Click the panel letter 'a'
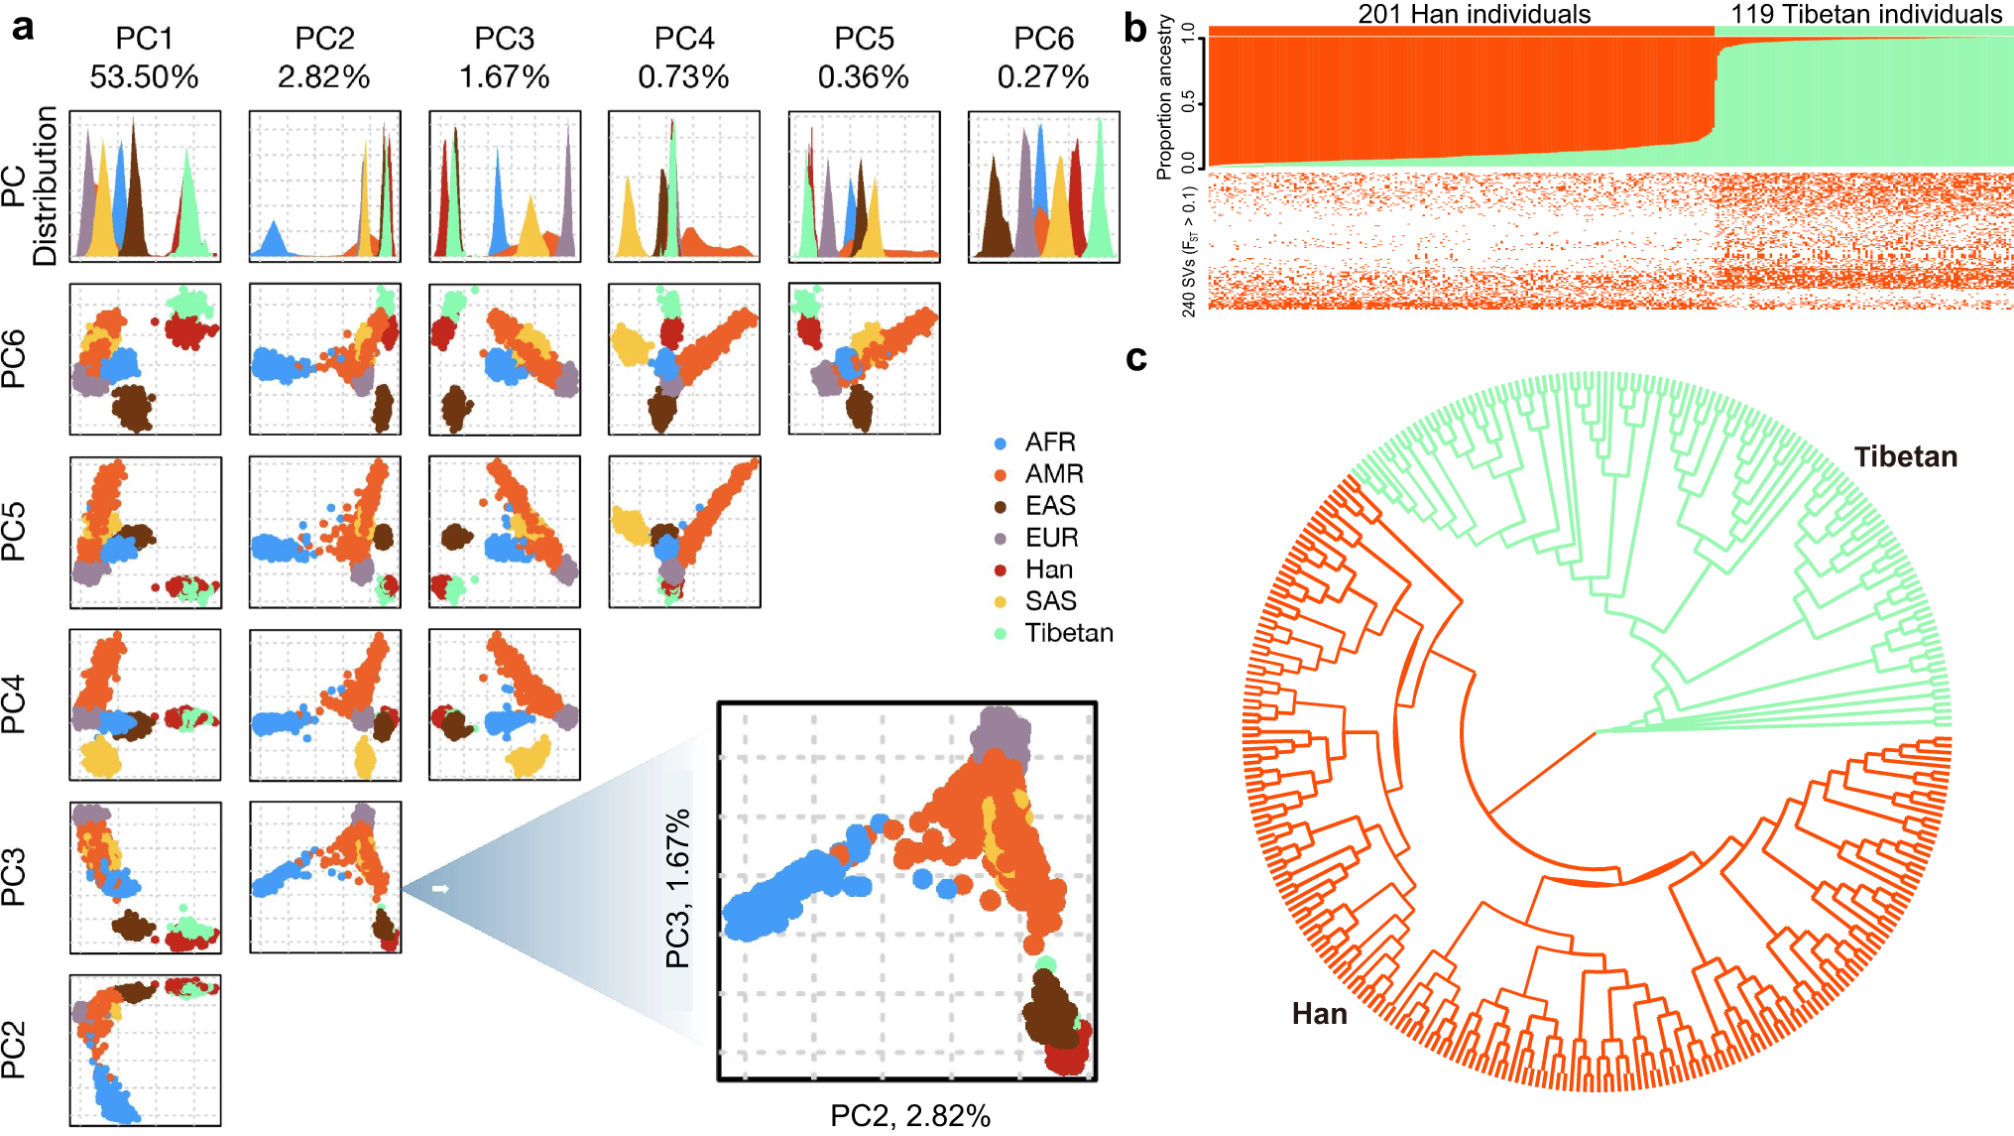click(x=22, y=27)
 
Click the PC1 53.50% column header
click(x=144, y=58)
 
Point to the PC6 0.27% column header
click(x=1043, y=58)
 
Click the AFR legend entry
click(x=1049, y=442)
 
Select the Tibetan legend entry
click(x=1068, y=633)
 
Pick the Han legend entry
click(x=1048, y=569)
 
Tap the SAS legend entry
click(x=1050, y=601)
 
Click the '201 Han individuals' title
click(x=1474, y=14)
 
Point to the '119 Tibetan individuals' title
click(x=1866, y=14)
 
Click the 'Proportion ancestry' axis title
click(x=1164, y=97)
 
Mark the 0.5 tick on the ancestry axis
click(x=1188, y=102)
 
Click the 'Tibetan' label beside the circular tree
click(x=1905, y=456)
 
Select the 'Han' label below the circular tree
click(x=1319, y=1014)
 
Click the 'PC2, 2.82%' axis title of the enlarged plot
click(x=909, y=1116)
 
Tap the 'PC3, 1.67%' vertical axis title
click(x=677, y=888)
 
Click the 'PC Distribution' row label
click(x=30, y=186)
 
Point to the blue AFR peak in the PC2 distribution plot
click(x=273, y=240)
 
